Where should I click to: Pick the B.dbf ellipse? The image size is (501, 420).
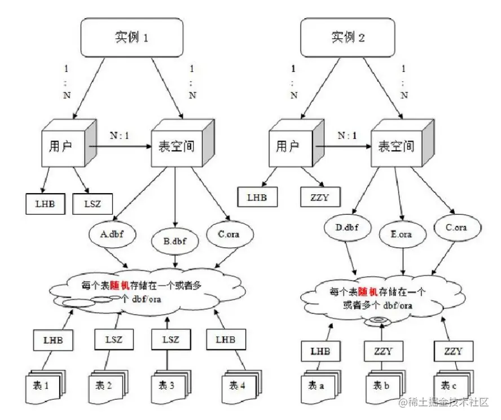click(175, 242)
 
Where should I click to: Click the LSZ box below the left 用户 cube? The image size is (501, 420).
click(93, 203)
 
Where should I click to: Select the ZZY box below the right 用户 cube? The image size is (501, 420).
click(319, 198)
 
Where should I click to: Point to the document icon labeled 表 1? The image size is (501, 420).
click(46, 387)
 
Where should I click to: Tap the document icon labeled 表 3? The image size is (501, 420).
click(167, 387)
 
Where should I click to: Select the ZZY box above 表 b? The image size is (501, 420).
click(386, 352)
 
